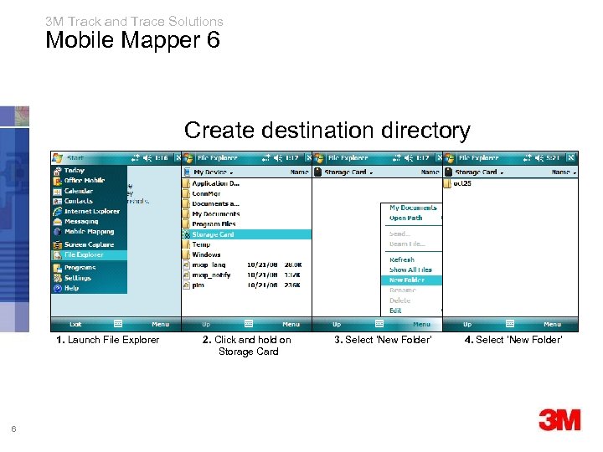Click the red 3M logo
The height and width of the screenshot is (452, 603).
tap(559, 420)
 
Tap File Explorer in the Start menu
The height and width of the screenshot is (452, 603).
tap(84, 254)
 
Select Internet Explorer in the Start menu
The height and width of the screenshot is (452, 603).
tap(91, 211)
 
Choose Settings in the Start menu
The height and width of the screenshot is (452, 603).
tap(78, 278)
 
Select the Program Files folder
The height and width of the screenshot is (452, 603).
tap(214, 224)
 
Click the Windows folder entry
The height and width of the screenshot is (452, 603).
tap(206, 254)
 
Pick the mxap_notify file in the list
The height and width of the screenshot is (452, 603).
tap(211, 275)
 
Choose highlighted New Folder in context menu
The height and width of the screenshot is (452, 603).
tap(407, 280)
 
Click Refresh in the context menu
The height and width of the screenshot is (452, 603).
tap(402, 259)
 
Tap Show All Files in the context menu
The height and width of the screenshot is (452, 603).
tap(410, 270)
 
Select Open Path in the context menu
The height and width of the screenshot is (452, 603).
tap(406, 218)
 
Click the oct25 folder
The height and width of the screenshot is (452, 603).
tap(463, 183)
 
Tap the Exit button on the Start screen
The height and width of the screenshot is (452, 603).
tap(75, 324)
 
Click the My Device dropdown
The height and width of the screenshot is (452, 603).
tap(214, 172)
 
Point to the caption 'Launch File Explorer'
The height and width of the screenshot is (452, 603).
tap(107, 339)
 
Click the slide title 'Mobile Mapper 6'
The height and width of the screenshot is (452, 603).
tap(132, 39)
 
